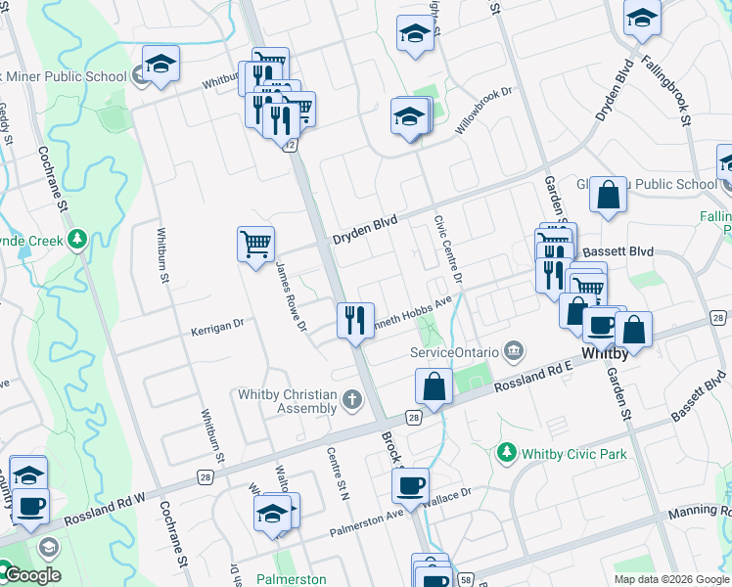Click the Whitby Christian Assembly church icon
pyautogui.click(x=351, y=399)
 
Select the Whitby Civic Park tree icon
pyautogui.click(x=506, y=452)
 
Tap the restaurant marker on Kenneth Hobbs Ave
pyautogui.click(x=355, y=320)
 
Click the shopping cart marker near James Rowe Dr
pyautogui.click(x=256, y=244)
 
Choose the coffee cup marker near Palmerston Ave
pyautogui.click(x=411, y=484)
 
